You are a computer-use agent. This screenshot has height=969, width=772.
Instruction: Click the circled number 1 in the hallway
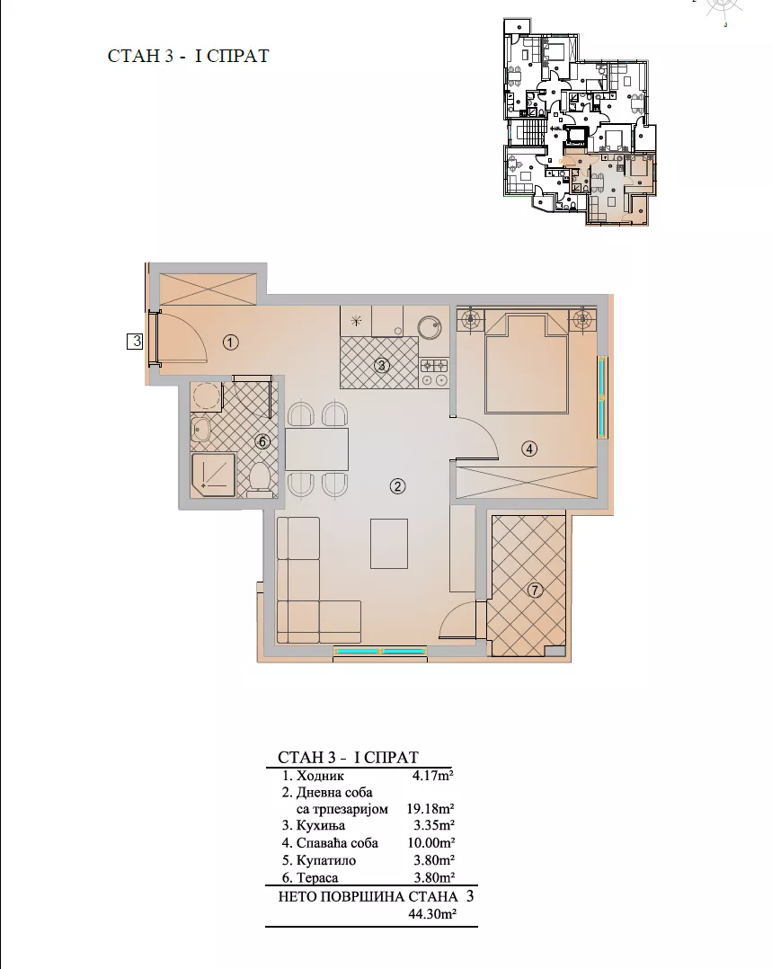click(x=231, y=342)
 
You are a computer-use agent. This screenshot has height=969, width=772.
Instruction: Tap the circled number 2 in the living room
click(x=397, y=486)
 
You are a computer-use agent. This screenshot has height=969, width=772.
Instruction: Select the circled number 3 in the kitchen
click(x=381, y=365)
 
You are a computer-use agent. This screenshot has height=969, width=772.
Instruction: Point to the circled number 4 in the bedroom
click(x=529, y=449)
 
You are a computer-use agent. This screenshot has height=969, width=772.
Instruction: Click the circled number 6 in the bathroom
click(x=262, y=442)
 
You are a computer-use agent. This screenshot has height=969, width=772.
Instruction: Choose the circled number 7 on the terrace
click(x=535, y=591)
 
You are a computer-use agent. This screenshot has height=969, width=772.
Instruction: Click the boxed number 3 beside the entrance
click(x=135, y=341)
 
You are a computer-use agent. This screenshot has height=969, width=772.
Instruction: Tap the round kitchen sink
click(x=429, y=327)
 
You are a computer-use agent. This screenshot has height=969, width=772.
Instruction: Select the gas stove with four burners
click(x=434, y=372)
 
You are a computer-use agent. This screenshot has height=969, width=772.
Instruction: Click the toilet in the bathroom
click(x=261, y=481)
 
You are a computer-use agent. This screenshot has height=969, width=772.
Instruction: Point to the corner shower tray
click(x=213, y=476)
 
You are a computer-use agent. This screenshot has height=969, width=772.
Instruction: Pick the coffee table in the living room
click(x=389, y=544)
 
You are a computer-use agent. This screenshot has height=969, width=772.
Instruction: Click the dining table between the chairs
click(x=316, y=449)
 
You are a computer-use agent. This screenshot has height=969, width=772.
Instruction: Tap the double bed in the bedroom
click(x=527, y=363)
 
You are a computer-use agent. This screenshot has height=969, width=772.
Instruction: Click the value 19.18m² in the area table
click(x=430, y=808)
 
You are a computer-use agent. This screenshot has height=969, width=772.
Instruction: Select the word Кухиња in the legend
click(x=321, y=825)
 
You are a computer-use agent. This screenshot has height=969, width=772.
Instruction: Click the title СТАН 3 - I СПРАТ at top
click(x=189, y=56)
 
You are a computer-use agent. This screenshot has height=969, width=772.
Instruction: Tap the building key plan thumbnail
click(x=580, y=121)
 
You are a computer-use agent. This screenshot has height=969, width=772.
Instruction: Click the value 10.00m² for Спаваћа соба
click(x=430, y=843)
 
